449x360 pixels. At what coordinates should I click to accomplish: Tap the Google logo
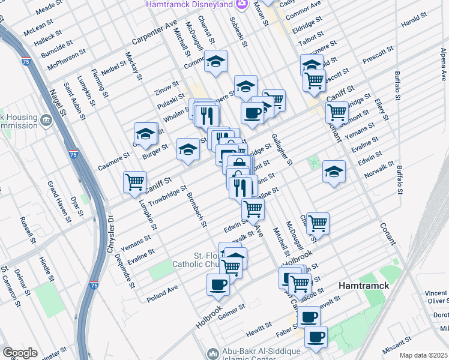20,353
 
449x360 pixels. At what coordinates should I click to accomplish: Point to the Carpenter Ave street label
155,35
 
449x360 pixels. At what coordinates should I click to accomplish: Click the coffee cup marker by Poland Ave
218,284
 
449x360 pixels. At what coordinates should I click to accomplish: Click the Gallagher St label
281,149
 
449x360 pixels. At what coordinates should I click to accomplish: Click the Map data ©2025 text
423,355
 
